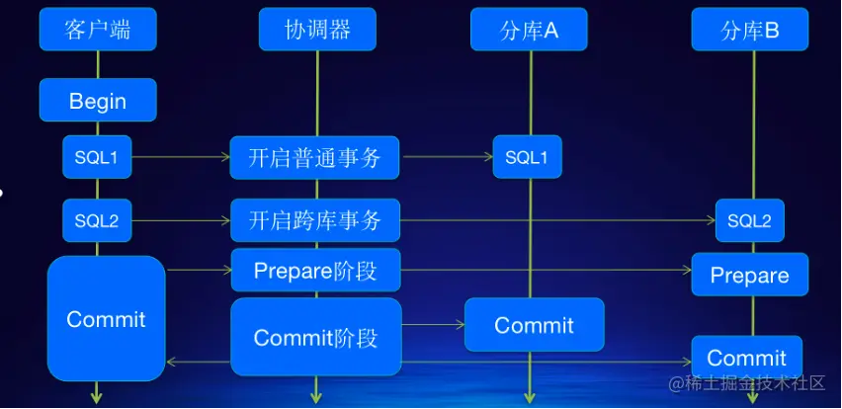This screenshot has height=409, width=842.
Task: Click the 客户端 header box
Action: tap(98, 30)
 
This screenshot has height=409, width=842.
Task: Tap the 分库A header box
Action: tap(529, 30)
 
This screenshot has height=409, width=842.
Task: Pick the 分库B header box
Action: tap(750, 30)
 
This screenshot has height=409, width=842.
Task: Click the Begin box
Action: tap(98, 100)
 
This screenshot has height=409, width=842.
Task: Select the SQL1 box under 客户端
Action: tap(97, 156)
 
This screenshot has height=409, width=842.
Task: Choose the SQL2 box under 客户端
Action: tap(97, 219)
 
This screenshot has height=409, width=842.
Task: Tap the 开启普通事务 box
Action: tap(314, 157)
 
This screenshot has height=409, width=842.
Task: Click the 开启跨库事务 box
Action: tap(314, 219)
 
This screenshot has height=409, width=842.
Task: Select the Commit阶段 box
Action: tap(315, 337)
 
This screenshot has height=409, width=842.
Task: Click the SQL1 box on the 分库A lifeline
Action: tap(528, 156)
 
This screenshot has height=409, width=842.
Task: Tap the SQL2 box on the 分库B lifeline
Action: tap(749, 219)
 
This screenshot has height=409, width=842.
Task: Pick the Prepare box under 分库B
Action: tap(749, 274)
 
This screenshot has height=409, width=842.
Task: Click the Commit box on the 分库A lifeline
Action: tap(534, 324)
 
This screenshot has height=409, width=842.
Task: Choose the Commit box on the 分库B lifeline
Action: tap(746, 357)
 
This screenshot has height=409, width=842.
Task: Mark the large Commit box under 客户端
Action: tap(106, 318)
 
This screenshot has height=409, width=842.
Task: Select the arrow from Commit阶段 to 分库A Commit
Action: tap(433, 324)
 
